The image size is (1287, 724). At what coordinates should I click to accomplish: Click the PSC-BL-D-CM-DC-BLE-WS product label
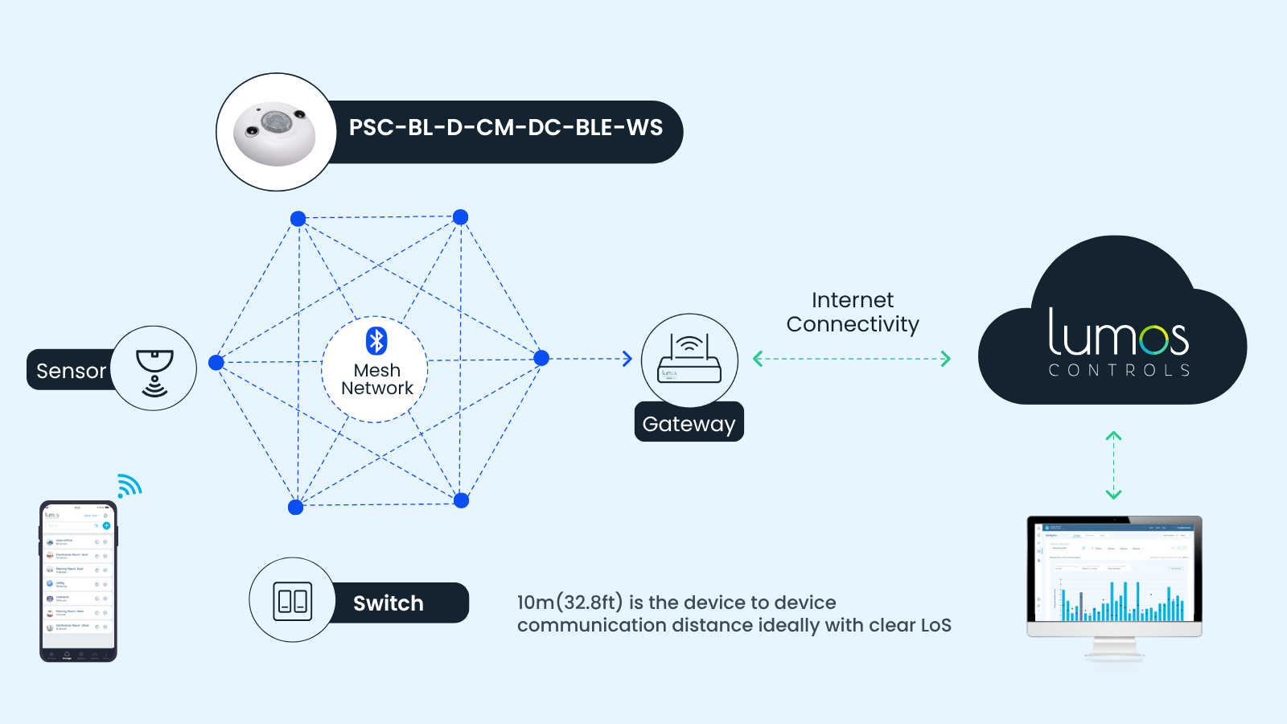pos(505,128)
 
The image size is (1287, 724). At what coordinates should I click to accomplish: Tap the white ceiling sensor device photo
pos(274,133)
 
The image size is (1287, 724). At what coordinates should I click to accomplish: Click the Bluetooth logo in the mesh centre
pos(376,340)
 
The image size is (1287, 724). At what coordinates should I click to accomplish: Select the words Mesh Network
pos(376,379)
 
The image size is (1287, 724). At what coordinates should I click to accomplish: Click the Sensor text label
pos(71,371)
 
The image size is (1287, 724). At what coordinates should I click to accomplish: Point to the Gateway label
pos(689,424)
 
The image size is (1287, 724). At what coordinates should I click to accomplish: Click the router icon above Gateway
pos(689,360)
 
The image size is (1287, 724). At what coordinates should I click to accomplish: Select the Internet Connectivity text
pos(853,312)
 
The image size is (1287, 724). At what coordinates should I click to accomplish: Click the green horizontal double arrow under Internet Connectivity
pos(852,359)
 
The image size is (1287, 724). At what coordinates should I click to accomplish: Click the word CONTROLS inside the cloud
pos(1119,370)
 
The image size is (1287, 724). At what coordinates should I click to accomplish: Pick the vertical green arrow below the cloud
pos(1113,465)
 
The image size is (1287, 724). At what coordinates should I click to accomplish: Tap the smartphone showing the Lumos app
pos(78,581)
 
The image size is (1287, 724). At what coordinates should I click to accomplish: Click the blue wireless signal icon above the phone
pos(129,486)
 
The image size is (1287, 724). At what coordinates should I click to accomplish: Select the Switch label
pos(388,603)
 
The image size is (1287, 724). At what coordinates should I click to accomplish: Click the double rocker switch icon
pos(292,601)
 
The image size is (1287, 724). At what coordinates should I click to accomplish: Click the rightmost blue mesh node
pos(541,358)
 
